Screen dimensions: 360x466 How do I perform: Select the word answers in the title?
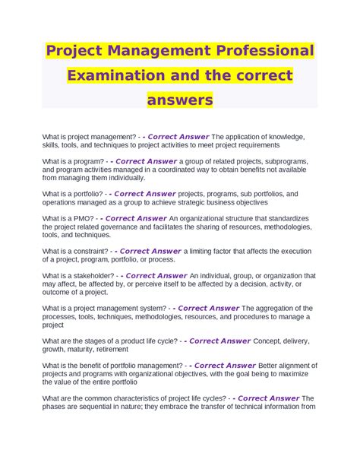coord(180,100)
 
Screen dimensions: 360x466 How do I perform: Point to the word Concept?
coord(268,341)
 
